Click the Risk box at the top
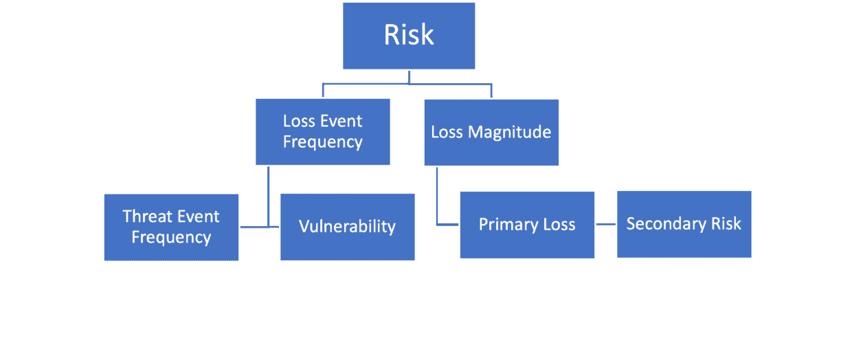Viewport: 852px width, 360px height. tap(409, 36)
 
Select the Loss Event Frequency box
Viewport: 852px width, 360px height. tap(323, 131)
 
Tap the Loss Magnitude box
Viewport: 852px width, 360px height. tap(491, 132)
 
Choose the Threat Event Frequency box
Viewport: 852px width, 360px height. tap(171, 227)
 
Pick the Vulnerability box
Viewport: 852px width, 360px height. tap(347, 226)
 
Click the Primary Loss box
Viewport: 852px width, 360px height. tap(527, 225)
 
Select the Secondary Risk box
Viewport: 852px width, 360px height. tap(684, 224)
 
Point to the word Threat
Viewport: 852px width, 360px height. tap(147, 216)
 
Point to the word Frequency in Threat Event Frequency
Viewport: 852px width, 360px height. tap(171, 238)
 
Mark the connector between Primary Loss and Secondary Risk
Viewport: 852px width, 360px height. tap(605, 225)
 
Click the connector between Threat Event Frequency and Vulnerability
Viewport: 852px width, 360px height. tap(259, 227)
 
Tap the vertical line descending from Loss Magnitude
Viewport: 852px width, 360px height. tap(437, 196)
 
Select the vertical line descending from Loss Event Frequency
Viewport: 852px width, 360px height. tap(269, 196)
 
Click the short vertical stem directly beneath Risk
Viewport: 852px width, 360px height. tap(409, 77)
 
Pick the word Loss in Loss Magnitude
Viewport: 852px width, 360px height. tap(447, 132)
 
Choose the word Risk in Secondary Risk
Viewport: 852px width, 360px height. tap(727, 224)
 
